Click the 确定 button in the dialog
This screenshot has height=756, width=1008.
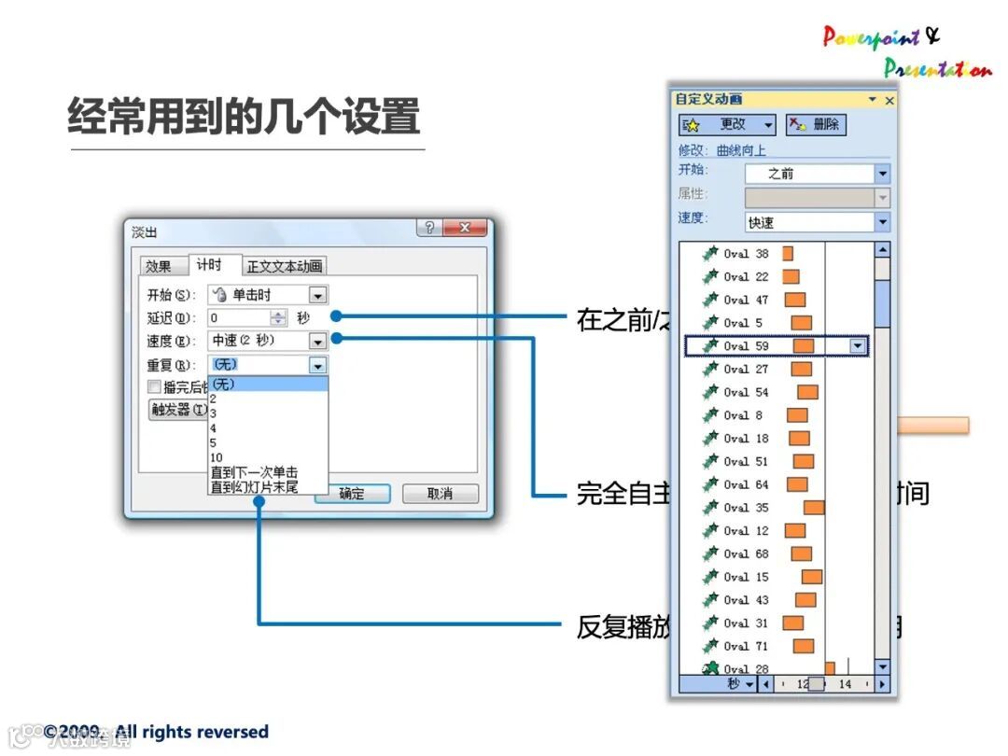[352, 494]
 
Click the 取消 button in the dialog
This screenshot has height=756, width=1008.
[440, 494]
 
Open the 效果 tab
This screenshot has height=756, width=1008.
[159, 266]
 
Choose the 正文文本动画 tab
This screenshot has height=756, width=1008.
[285, 266]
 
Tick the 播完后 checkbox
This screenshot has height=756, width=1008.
[154, 387]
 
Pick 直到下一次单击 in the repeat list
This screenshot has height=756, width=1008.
[254, 472]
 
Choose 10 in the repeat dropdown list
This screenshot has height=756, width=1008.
[217, 457]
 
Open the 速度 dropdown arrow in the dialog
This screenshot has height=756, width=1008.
[318, 342]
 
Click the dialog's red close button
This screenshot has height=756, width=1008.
[466, 229]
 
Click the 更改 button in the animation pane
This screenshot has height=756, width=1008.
[728, 125]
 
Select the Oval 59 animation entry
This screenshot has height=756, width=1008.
[747, 346]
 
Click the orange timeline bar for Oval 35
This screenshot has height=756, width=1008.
[814, 508]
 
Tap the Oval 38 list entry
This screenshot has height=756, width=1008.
[747, 254]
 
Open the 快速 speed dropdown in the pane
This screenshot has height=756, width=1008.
[882, 222]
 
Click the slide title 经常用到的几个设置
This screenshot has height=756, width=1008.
[244, 119]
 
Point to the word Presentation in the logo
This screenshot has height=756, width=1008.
[936, 68]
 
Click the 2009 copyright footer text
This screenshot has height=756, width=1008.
[156, 733]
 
